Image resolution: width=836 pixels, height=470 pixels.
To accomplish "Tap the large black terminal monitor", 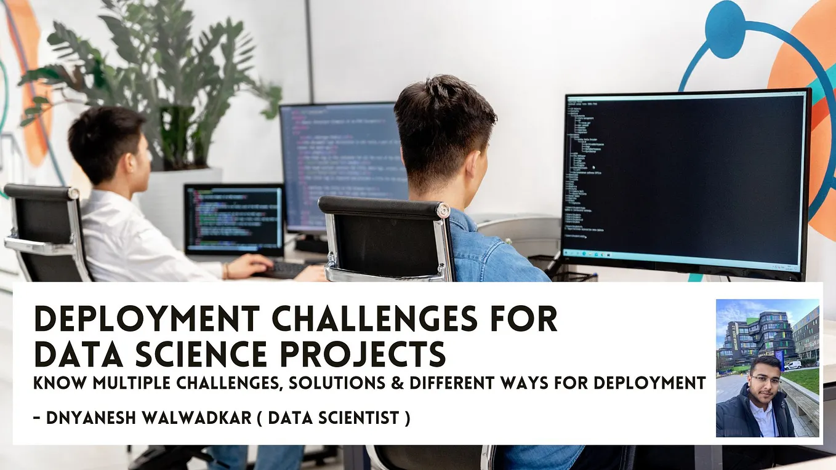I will (684, 178).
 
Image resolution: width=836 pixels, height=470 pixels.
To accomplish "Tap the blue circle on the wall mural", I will (725, 21).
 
